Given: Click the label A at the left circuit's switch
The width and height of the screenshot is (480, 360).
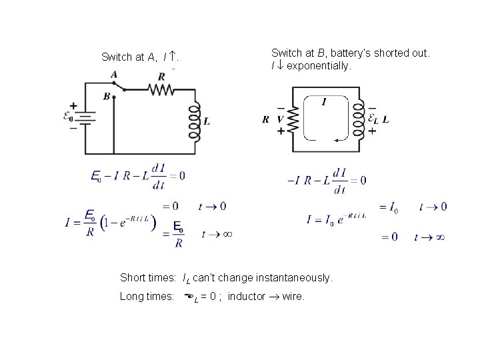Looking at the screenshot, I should click(114, 75).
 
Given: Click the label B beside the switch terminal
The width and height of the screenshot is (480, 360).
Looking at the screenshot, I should click(107, 96).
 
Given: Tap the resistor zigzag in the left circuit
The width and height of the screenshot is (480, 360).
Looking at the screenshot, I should click(161, 89).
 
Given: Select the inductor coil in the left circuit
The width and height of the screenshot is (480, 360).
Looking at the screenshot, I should click(195, 121).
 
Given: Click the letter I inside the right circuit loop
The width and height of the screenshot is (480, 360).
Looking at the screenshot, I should click(323, 101).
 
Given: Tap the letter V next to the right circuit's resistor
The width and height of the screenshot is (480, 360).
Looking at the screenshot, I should click(281, 119).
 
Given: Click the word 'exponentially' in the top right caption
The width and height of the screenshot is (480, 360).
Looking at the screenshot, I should click(317, 67).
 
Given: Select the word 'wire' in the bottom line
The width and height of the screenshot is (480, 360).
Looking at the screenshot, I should click(293, 297).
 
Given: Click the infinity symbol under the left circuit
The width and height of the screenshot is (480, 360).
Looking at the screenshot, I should click(226, 235).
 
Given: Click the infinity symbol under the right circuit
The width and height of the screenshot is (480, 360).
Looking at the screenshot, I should click(439, 236).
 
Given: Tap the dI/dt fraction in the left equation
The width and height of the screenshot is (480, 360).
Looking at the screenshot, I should click(159, 175).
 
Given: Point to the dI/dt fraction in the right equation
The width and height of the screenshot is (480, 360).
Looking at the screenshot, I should click(339, 181).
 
